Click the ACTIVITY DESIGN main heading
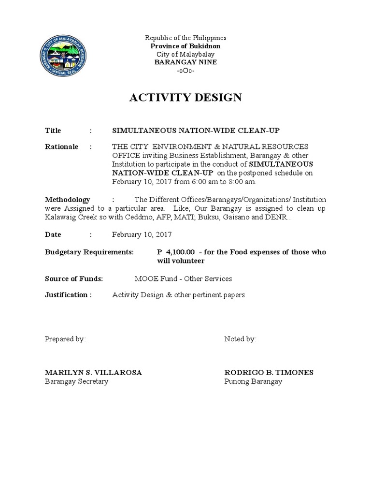(x=185, y=98)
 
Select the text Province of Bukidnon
(x=185, y=46)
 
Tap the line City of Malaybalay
(x=185, y=54)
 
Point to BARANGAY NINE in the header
(x=185, y=62)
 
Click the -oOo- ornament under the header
(x=185, y=71)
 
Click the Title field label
(x=53, y=131)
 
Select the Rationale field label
(x=61, y=146)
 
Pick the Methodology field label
(x=67, y=199)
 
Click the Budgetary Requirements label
(x=89, y=252)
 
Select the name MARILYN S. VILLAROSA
(x=93, y=372)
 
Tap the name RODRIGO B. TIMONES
(x=269, y=372)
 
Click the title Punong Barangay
(x=253, y=381)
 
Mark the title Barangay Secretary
(x=76, y=381)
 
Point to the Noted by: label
(x=240, y=339)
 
